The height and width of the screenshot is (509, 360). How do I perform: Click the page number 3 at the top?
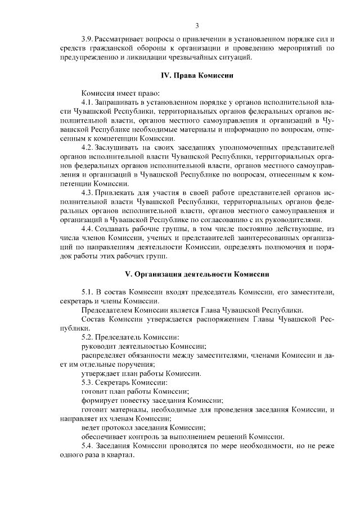click(x=197, y=25)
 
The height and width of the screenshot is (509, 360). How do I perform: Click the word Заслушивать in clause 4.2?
click(x=115, y=147)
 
